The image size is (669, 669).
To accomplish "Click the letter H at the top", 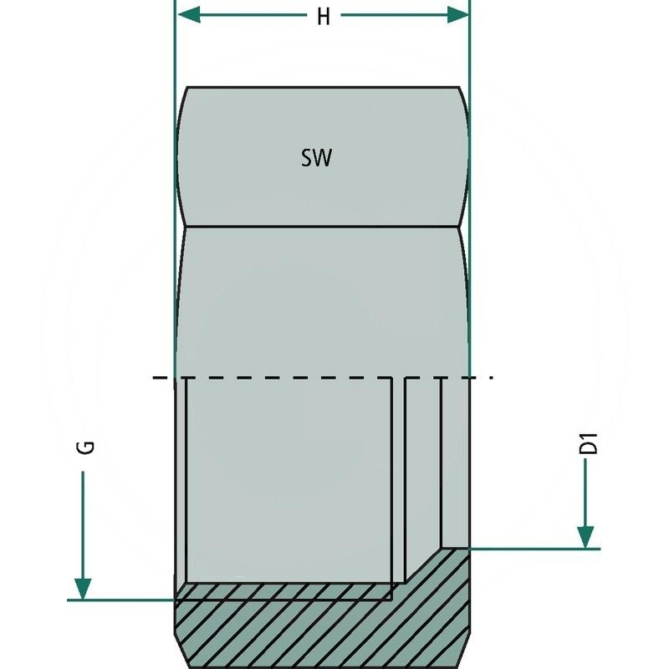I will point(323,17).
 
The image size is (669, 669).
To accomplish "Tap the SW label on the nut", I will point(317,157).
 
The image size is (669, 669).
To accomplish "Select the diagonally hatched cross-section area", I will point(318,627).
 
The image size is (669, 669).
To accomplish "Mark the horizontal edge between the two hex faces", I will point(322,226).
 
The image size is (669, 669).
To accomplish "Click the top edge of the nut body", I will point(322,87).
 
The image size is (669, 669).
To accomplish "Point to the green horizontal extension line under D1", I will point(535,549).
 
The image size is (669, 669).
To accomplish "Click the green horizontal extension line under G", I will point(125,600).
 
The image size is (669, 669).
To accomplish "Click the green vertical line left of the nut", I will point(174,251).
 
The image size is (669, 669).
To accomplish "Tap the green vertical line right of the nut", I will point(469,251).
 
